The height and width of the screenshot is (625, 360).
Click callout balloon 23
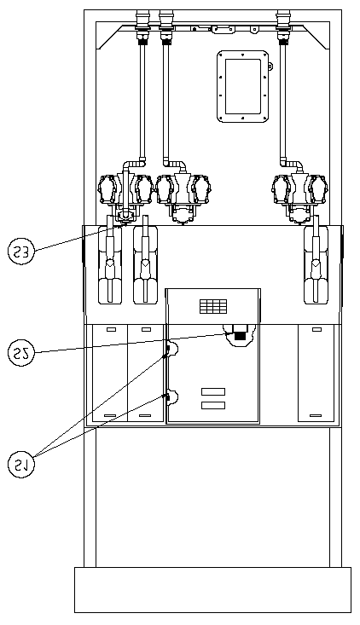[x=21, y=252]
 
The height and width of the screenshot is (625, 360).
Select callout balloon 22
[x=21, y=353]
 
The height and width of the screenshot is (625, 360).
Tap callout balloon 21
[x=21, y=465]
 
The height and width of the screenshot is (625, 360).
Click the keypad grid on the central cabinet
[x=213, y=306]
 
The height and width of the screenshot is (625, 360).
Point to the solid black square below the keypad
[x=240, y=336]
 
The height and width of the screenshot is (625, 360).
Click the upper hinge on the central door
[x=171, y=350]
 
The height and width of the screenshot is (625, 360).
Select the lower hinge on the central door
[x=171, y=397]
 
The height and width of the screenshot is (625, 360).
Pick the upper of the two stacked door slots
[x=213, y=392]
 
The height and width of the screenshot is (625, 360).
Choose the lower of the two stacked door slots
[x=213, y=405]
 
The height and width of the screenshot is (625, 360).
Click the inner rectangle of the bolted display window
[x=243, y=86]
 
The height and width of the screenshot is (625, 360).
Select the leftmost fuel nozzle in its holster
[x=110, y=260]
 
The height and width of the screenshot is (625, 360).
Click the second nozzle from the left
[x=145, y=260]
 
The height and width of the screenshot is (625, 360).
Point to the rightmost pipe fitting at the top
[x=283, y=26]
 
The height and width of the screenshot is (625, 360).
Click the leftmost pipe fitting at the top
[x=142, y=26]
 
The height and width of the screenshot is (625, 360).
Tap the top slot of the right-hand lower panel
[x=316, y=329]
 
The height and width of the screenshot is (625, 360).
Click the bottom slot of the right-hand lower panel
[x=316, y=415]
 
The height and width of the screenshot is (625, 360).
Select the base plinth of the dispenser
[x=213, y=590]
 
